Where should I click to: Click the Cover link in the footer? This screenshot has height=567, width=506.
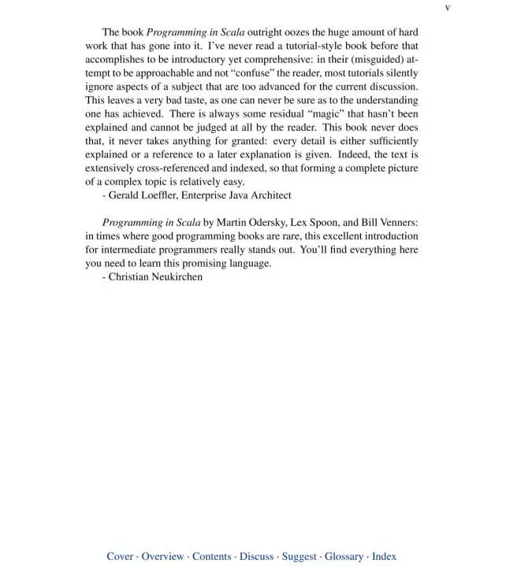120,556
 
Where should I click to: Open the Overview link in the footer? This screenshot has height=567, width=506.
162,556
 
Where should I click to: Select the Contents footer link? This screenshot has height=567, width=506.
212,556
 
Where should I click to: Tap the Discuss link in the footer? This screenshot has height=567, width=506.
257,556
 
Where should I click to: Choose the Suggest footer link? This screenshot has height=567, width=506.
299,556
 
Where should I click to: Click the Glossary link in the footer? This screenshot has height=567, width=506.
344,556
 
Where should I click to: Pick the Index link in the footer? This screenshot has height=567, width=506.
384,556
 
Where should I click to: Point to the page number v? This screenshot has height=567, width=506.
447,8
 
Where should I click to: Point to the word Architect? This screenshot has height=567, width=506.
268,195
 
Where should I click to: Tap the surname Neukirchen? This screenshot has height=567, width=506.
173,277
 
